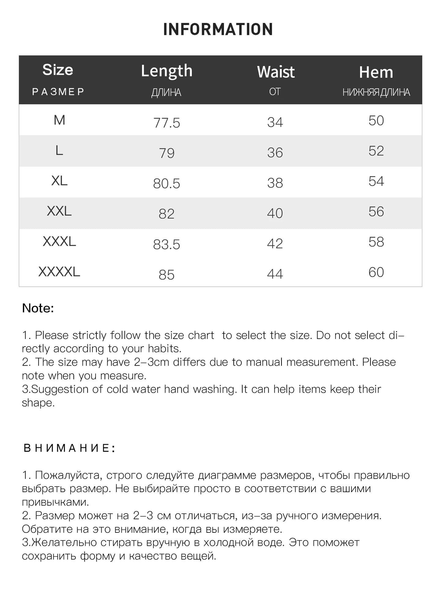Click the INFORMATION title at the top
pos(218,29)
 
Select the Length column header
pos(167,71)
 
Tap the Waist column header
pos(276,72)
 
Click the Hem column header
pos(376,72)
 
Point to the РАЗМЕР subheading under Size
pos(58,92)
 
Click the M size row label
pos(59,120)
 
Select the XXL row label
pos(59,211)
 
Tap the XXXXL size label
pos(59,272)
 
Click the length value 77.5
pos(167,123)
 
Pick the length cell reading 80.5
pos(167,183)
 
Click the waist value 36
pos(275,153)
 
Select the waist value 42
pos(275,244)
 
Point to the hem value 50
pos(376,121)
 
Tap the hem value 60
pos(376,272)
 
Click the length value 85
pos(167,275)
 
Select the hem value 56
pos(376,212)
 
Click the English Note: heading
pos(38,308)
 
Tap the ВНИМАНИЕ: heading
pos(69,448)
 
